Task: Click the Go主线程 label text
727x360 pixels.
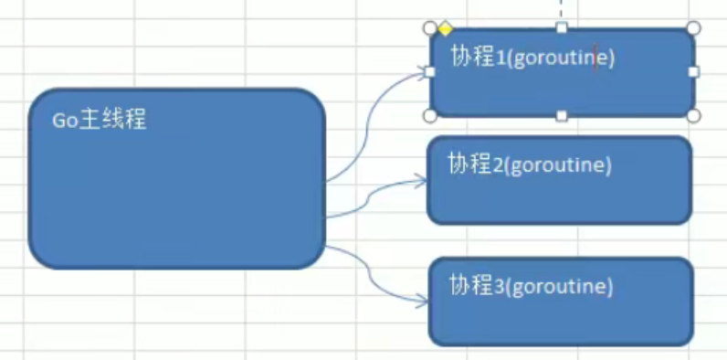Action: point(99,120)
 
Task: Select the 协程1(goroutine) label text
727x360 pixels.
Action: point(532,57)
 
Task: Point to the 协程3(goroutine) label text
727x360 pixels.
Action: point(530,285)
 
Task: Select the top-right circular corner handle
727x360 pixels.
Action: point(693,27)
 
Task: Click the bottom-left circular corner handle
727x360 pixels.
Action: point(430,116)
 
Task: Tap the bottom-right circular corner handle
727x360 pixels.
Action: point(693,116)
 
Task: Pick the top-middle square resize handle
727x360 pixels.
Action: point(562,27)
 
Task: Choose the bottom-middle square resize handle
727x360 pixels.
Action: point(562,116)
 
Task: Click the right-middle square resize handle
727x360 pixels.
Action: point(693,71)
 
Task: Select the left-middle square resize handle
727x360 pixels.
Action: point(430,71)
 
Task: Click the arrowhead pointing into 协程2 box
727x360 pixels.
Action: point(421,180)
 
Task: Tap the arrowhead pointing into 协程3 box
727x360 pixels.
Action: point(421,300)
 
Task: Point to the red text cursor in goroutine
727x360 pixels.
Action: point(594,58)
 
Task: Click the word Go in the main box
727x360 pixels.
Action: point(62,121)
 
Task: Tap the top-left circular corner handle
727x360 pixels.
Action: point(430,27)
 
